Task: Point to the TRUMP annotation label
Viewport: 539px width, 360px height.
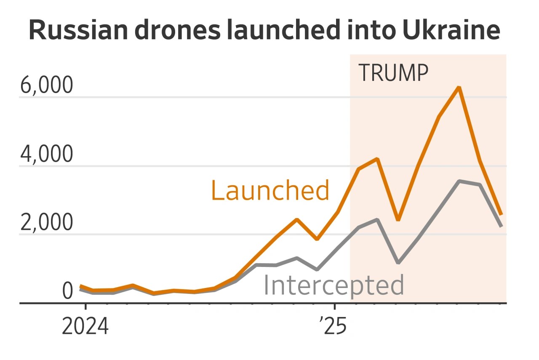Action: (393, 73)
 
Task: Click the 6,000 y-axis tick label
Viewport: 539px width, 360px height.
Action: (47, 86)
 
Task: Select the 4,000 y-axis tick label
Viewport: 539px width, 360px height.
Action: (47, 155)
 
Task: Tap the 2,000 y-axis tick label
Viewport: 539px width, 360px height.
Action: (47, 223)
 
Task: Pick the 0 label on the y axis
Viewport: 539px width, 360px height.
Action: (67, 291)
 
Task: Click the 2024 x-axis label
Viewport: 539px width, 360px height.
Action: (85, 327)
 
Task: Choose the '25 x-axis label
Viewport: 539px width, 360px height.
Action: (333, 327)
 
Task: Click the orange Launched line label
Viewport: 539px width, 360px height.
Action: (270, 190)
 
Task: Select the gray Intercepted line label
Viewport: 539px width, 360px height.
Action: (334, 285)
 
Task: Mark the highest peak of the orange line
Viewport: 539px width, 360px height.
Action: (459, 87)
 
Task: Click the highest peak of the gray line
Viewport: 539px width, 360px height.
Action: (459, 181)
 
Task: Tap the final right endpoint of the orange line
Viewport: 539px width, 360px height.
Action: (501, 214)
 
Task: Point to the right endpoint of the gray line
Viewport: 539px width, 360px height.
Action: (501, 226)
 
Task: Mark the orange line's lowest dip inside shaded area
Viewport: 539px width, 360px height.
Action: (398, 219)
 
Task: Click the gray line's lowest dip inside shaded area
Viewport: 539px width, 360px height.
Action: (398, 263)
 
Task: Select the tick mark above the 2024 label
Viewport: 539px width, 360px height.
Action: (85, 306)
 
